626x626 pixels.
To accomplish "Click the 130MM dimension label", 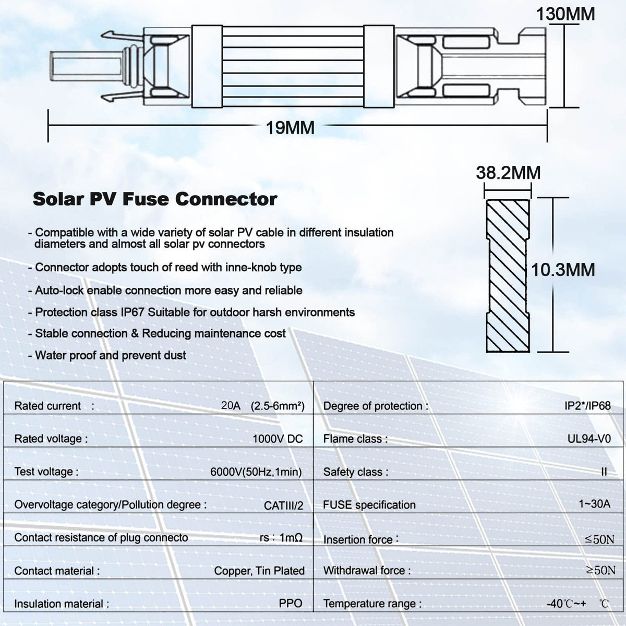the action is coord(565,14).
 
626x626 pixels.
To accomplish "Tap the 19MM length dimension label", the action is coord(290,128).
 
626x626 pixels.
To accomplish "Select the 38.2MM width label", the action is coord(509,173).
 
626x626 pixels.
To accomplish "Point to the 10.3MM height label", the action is coord(563,270).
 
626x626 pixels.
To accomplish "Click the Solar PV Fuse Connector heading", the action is coord(155,199).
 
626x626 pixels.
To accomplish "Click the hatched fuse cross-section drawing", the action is coord(508,276).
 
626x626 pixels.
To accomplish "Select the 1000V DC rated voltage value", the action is coord(278,439).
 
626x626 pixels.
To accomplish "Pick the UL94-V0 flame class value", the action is coord(589,439).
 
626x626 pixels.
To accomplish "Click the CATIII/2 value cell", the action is coord(283,505).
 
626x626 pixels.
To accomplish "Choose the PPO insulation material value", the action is coord(291,603).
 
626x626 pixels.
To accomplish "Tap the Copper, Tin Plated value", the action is coord(259,571).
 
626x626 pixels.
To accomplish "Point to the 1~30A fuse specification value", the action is coord(594,504).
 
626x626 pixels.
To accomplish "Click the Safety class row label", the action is coord(356,472).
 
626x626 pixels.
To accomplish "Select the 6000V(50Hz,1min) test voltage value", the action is coord(256,472).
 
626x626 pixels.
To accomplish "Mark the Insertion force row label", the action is coord(361,539).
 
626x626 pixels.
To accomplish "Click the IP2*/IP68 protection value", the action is coord(588,406).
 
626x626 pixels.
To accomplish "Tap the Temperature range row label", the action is coord(372,603).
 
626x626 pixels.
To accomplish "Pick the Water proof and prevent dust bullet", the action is coord(107,355).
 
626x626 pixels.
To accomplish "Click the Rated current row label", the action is coord(54,406).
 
